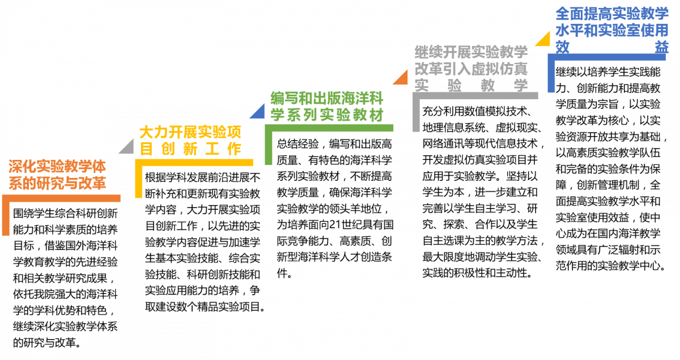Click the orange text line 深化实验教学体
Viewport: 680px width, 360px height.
57,167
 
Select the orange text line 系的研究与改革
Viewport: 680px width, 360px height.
57,184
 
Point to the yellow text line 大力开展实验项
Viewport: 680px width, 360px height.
190,133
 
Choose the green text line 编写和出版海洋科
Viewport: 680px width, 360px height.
327,98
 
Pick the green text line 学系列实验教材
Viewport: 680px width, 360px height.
327,115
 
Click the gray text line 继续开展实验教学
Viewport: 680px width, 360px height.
471,52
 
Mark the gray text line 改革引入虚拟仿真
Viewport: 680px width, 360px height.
471,69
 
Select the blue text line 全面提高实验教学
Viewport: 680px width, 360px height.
612,14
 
